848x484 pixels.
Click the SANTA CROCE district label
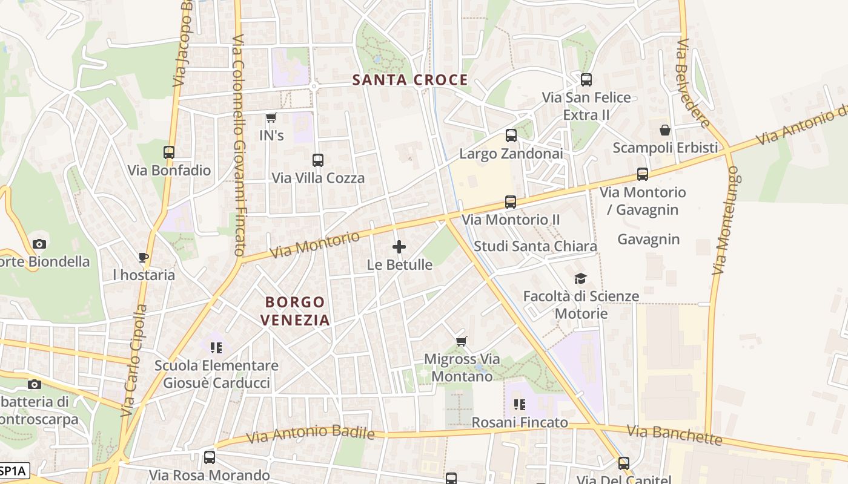click(410, 80)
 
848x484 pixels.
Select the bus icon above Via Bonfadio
click(169, 152)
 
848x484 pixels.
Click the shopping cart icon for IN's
click(271, 117)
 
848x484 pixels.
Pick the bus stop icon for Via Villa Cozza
click(318, 160)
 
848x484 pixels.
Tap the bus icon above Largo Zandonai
click(511, 136)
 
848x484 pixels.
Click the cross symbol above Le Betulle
click(399, 247)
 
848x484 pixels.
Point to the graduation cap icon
click(580, 278)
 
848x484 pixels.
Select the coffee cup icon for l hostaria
click(144, 258)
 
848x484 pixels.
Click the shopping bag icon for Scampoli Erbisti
click(665, 130)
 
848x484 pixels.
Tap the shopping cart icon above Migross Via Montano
click(462, 341)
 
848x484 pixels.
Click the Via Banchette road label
click(674, 435)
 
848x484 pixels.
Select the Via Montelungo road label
click(726, 221)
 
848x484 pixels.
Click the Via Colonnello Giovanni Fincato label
click(239, 145)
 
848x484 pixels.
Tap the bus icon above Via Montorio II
click(511, 202)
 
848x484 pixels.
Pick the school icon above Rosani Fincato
click(519, 404)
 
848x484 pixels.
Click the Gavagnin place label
click(648, 240)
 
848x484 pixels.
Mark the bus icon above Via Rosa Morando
click(210, 457)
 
